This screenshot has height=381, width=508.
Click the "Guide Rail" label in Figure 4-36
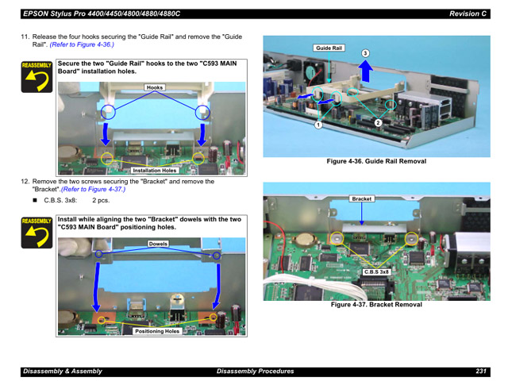point(329,48)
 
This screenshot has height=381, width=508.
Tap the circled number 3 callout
point(365,53)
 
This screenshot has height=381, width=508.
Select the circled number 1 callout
point(318,125)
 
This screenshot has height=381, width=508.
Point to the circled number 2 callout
point(378,122)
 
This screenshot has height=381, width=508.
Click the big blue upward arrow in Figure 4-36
point(365,71)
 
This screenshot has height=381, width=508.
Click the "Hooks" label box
point(155,87)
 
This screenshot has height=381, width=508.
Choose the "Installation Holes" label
point(155,171)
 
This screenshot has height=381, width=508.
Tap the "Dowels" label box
point(158,244)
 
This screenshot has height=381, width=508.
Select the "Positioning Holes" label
point(157,331)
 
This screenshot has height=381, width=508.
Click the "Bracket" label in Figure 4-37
point(362,198)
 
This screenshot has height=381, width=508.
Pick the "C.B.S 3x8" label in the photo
point(376,271)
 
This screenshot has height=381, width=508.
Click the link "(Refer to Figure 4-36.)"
point(82,44)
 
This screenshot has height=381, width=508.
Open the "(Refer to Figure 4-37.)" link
point(93,189)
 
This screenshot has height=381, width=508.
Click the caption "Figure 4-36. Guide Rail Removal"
point(376,161)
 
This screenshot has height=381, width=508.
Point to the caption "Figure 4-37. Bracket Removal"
point(376,305)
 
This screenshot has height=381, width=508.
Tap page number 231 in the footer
point(481,371)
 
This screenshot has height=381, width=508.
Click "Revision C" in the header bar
point(468,13)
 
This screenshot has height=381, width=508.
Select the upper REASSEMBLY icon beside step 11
point(37,77)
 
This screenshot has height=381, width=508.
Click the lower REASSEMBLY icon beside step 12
point(37,233)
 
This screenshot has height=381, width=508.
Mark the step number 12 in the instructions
point(25,182)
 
